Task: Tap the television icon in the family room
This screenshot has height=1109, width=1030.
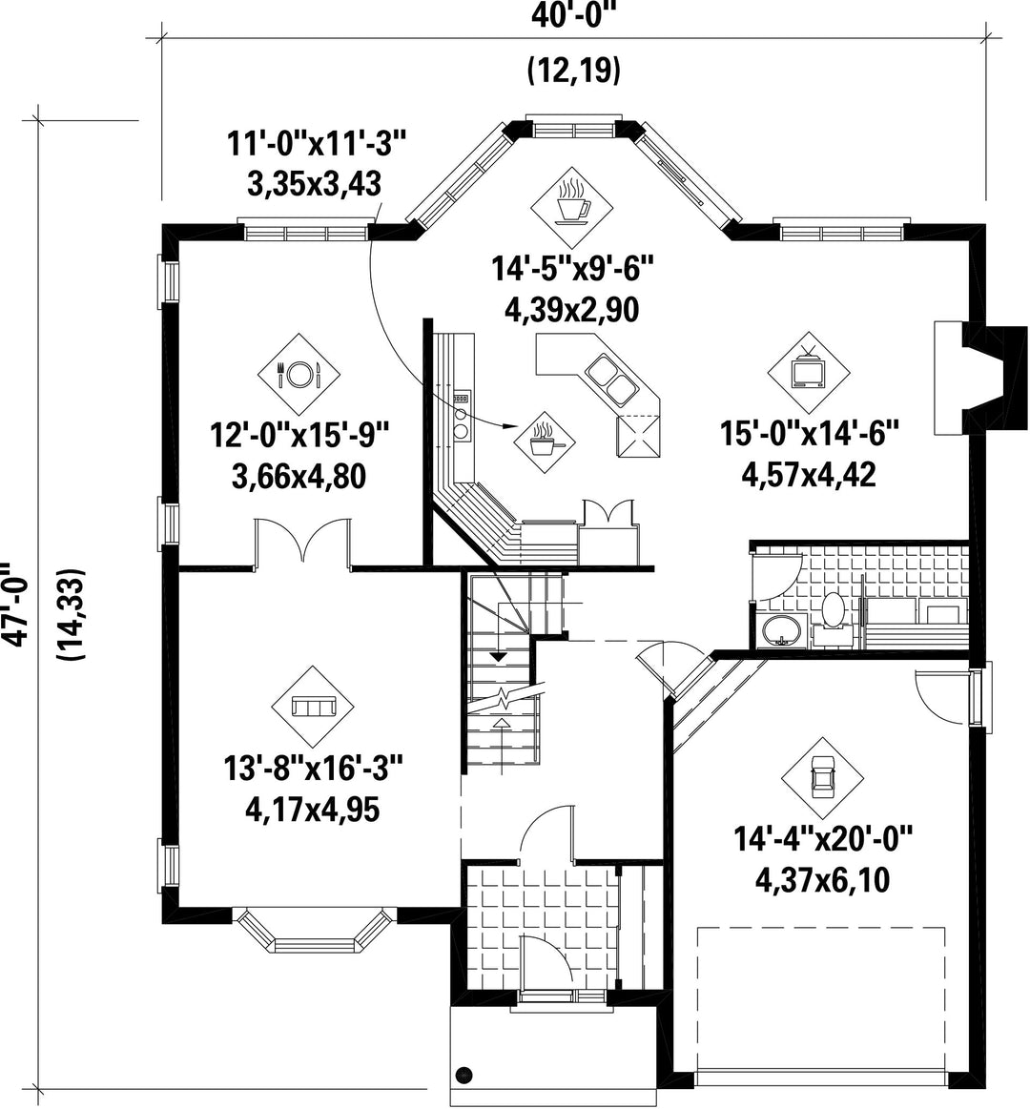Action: (809, 371)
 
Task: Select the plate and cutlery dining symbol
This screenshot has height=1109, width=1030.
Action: (299, 374)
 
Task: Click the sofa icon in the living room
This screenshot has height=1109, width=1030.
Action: (313, 706)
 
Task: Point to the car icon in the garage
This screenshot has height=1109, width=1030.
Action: (822, 777)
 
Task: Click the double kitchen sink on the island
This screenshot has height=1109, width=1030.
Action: (612, 380)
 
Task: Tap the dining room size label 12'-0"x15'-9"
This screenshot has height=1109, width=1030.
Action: (300, 434)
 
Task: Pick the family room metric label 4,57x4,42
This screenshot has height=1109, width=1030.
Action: (809, 475)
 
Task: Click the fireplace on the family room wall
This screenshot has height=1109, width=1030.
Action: (980, 377)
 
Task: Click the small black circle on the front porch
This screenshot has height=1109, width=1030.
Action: (464, 1094)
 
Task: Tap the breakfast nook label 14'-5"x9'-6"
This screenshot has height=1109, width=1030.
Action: (571, 269)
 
